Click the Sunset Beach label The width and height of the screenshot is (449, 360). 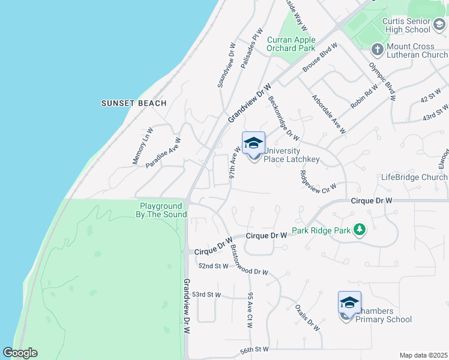click(x=134, y=103)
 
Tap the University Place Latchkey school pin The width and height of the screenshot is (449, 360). click(x=253, y=144)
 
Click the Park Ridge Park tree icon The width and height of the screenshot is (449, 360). click(x=360, y=230)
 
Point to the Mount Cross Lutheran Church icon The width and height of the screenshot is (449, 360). click(x=377, y=49)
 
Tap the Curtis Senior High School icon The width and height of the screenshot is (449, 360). click(x=439, y=25)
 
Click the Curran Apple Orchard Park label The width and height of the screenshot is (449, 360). click(x=291, y=44)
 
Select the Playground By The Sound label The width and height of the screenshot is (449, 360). click(x=161, y=210)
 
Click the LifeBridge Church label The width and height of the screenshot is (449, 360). click(x=414, y=178)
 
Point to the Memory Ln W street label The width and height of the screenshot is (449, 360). click(x=143, y=145)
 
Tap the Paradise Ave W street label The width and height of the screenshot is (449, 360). click(x=163, y=152)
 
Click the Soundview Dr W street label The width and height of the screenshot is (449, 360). click(x=226, y=65)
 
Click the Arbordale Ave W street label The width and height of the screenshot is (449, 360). click(x=328, y=113)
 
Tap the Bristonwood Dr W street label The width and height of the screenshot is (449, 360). click(x=249, y=260)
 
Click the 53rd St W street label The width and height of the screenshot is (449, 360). click(x=206, y=295)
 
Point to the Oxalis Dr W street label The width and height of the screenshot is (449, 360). click(x=307, y=317)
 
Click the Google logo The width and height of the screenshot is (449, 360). click(x=20, y=353)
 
